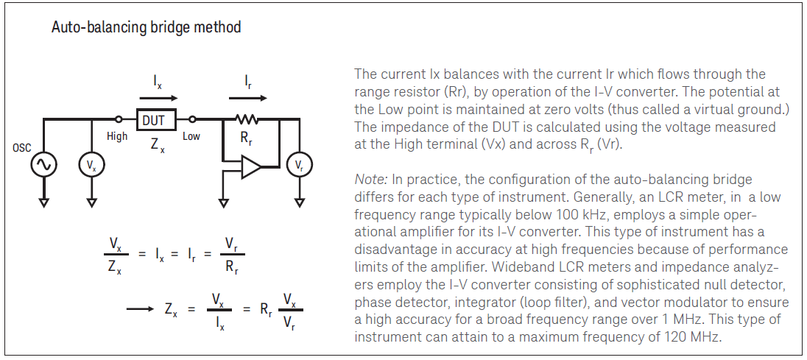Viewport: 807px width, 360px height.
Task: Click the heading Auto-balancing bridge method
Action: point(146,28)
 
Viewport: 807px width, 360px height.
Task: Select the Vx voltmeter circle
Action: point(91,166)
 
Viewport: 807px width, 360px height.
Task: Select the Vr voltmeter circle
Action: point(299,166)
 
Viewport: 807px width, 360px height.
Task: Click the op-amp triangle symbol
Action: point(250,169)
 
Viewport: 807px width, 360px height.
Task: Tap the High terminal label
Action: point(117,136)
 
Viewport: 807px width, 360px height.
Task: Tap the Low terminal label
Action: point(191,136)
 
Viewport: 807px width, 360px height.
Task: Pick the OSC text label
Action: point(22,147)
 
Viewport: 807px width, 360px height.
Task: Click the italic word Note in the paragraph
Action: point(369,180)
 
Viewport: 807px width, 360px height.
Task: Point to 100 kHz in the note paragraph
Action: point(575,215)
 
